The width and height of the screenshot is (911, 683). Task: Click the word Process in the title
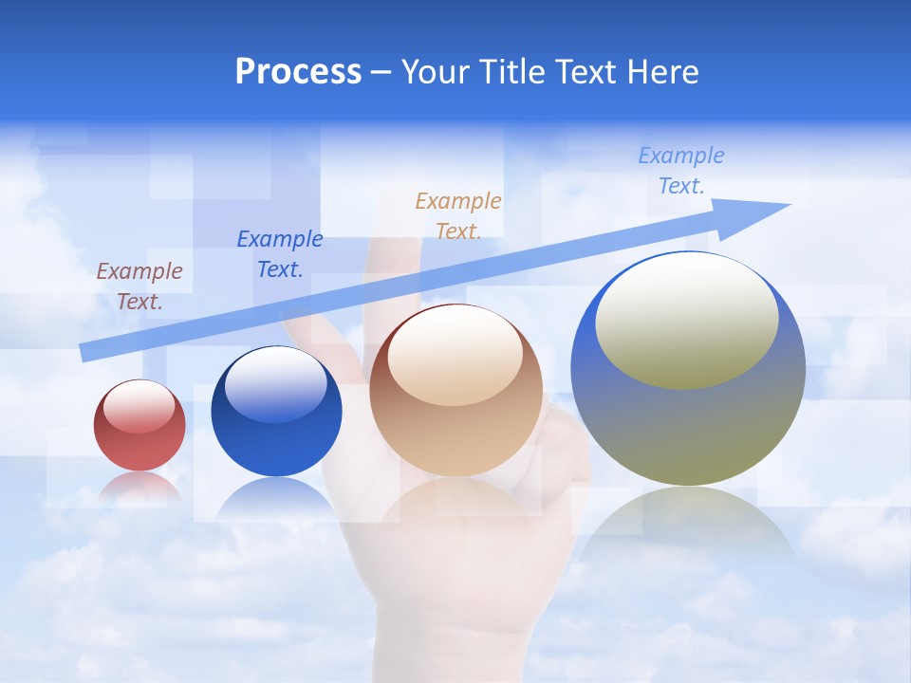(298, 72)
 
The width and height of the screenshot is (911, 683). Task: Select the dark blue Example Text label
(280, 254)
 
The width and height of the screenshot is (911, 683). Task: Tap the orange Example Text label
(458, 215)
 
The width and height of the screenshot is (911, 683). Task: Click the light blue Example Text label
(681, 171)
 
